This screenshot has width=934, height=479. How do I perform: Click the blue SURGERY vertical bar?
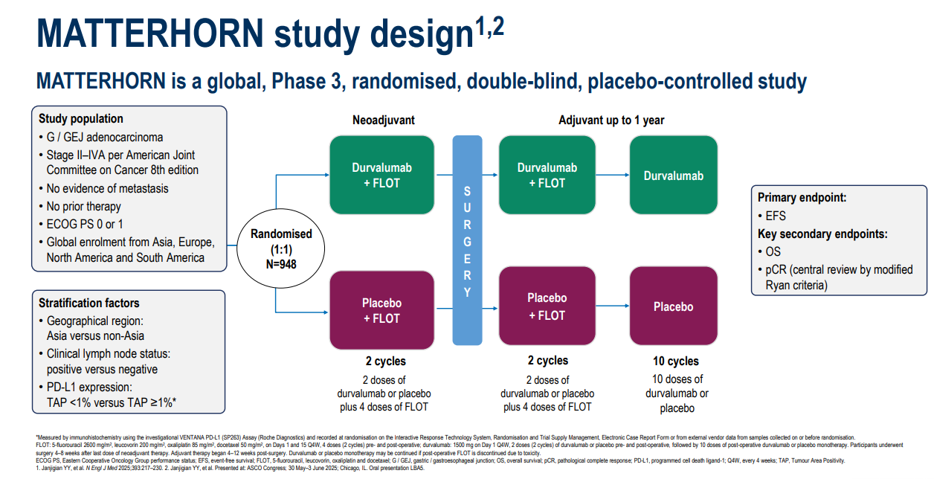(x=467, y=241)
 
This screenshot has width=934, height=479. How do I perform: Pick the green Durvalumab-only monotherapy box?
(x=674, y=176)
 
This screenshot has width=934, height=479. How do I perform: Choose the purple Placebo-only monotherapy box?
(x=674, y=306)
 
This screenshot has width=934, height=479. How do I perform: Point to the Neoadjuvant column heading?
(x=384, y=120)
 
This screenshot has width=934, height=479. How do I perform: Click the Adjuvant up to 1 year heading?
(x=611, y=120)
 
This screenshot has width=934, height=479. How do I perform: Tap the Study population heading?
(x=81, y=119)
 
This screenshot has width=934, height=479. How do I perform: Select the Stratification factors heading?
(x=89, y=303)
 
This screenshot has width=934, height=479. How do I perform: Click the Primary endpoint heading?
(x=802, y=197)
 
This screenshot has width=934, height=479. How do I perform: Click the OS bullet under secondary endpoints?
(x=773, y=251)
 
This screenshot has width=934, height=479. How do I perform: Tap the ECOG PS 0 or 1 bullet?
(x=85, y=225)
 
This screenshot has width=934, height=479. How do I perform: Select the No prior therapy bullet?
(x=83, y=207)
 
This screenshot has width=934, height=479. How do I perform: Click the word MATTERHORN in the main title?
(x=149, y=34)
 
